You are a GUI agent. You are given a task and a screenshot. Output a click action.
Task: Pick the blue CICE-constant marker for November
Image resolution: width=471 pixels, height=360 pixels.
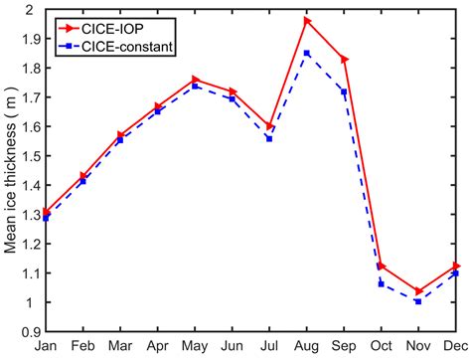click(x=418, y=300)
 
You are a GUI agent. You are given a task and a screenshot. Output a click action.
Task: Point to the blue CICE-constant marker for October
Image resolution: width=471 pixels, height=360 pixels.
click(x=382, y=283)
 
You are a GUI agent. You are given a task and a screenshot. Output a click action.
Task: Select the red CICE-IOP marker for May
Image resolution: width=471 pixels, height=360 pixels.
click(x=195, y=80)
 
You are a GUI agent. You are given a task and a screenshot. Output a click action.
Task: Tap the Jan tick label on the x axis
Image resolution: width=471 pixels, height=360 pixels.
click(x=46, y=347)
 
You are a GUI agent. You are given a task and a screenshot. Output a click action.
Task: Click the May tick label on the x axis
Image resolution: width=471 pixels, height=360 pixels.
click(x=195, y=347)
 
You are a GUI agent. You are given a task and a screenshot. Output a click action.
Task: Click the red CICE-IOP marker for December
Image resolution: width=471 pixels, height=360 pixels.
click(x=455, y=266)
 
